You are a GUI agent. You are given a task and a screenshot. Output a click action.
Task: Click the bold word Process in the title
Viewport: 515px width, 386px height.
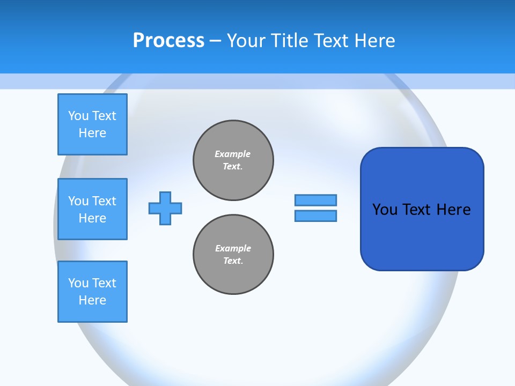click(x=168, y=41)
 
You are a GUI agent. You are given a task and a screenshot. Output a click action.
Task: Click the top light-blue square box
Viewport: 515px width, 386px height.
click(x=92, y=124)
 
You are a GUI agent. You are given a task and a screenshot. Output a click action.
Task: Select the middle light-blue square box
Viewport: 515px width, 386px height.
click(x=92, y=209)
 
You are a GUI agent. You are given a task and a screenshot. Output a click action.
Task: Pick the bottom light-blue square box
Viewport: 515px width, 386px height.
click(x=92, y=292)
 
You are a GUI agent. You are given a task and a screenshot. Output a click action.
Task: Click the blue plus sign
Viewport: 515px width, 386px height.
click(x=165, y=208)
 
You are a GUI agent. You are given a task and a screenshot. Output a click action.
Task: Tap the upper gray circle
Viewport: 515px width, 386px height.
click(x=233, y=160)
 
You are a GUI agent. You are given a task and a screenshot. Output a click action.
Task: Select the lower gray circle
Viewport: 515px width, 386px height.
click(x=233, y=255)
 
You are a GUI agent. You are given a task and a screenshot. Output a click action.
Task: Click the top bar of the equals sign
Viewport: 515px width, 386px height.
click(x=315, y=200)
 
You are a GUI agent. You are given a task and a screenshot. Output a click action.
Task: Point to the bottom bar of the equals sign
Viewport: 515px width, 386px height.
click(x=315, y=216)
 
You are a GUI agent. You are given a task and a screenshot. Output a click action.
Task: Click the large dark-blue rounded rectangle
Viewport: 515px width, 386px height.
click(x=422, y=209)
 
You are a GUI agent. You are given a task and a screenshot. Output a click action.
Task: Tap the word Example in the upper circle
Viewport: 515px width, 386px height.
click(x=232, y=154)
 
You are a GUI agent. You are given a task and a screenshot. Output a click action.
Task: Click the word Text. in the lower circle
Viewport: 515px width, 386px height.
click(x=233, y=261)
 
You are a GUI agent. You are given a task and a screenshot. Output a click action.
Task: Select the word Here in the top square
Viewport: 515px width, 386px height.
click(x=92, y=133)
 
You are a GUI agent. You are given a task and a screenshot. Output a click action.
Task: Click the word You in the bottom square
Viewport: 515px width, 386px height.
click(x=78, y=283)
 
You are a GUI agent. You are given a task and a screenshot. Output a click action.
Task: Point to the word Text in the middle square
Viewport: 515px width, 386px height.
click(x=104, y=201)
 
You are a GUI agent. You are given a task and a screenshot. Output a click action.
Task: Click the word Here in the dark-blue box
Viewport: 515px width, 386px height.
click(x=453, y=210)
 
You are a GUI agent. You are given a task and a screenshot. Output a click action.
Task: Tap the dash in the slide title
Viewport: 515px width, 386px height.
click(x=215, y=41)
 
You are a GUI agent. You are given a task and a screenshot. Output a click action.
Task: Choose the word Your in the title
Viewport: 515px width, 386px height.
click(x=246, y=41)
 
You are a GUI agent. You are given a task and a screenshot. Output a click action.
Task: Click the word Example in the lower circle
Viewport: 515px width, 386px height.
click(x=233, y=248)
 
